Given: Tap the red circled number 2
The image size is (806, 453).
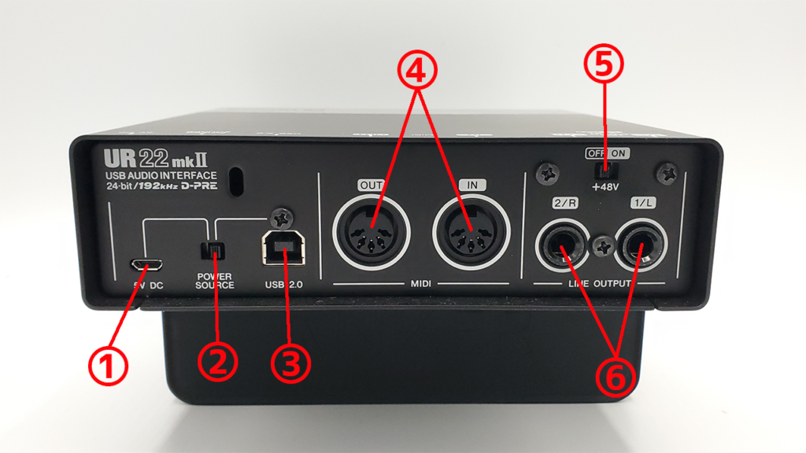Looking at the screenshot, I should [x=217, y=363].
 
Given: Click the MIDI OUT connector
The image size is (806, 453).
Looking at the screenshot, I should [x=369, y=231].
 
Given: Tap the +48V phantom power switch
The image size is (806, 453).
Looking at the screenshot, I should [x=604, y=169].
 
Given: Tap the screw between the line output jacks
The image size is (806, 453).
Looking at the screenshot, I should [x=603, y=245].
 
